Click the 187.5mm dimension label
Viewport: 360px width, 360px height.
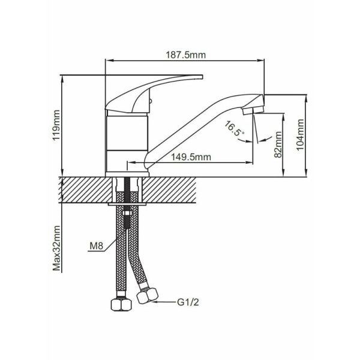186,55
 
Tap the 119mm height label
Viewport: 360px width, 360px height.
56,126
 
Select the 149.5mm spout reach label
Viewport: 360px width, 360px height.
191,157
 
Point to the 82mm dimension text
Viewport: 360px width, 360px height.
278,145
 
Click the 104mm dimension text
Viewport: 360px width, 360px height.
300,134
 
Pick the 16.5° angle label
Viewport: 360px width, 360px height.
235,129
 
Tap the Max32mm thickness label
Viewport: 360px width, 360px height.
57,248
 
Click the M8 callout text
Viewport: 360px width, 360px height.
97,246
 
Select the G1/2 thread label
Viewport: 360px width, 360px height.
188,302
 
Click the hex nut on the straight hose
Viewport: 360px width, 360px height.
121,305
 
